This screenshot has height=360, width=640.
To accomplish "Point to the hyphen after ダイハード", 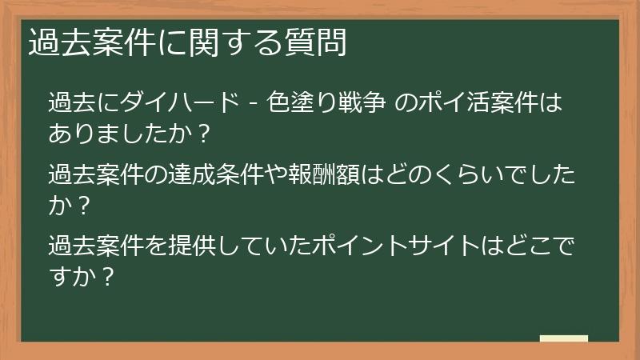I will (252, 103).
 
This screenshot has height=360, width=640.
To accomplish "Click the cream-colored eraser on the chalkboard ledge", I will (564, 338).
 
